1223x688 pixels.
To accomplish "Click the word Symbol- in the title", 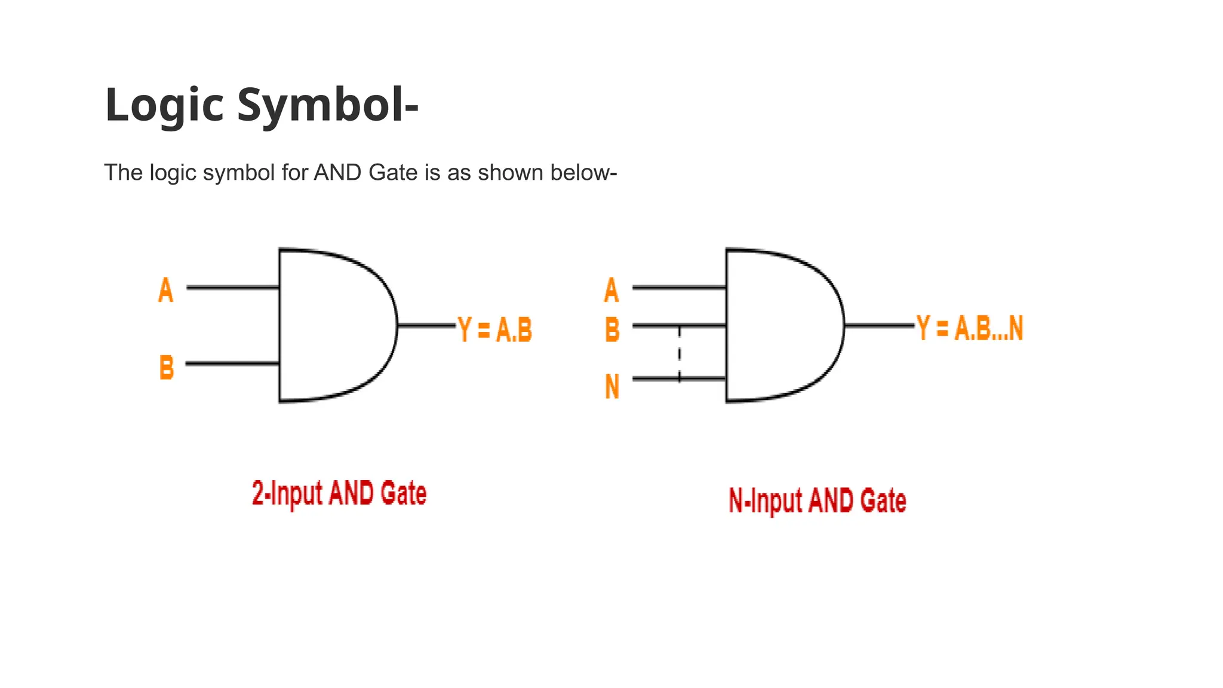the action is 328,105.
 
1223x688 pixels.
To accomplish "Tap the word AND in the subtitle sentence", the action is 337,173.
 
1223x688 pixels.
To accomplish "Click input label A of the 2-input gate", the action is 165,290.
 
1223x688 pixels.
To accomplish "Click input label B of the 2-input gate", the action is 167,367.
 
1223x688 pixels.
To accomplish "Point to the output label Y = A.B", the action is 495,330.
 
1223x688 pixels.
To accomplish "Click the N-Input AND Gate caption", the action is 817,500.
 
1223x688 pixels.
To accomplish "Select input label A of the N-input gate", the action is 611,290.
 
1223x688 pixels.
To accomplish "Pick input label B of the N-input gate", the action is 612,329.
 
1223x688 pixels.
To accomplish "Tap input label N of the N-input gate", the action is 612,386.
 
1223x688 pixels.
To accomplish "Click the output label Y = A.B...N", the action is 970,328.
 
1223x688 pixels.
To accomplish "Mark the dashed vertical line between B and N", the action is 680,354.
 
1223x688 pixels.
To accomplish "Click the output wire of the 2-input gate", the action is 426,325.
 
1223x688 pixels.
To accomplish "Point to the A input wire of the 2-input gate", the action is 233,287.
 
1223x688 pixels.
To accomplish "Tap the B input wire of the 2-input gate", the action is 233,363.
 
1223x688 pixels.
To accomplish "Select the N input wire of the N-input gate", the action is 657,379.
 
